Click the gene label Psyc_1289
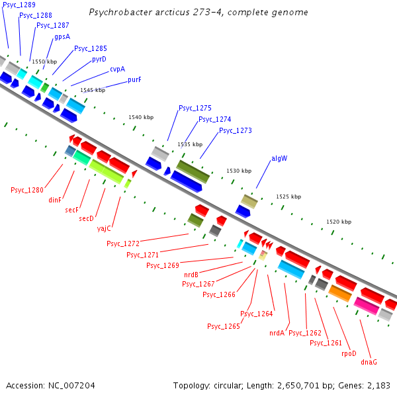coord(19,5)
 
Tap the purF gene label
coord(134,79)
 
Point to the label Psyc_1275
coord(195,108)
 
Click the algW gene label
coord(279,159)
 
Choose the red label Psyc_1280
coord(27,191)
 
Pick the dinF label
coord(55,199)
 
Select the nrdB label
coord(191,274)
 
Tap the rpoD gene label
coord(349,353)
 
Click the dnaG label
coord(369,362)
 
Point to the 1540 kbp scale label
coord(141,117)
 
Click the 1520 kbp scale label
coord(339,222)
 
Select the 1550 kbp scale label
coord(45,62)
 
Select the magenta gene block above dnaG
coord(367,306)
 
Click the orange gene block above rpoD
coord(340,292)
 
